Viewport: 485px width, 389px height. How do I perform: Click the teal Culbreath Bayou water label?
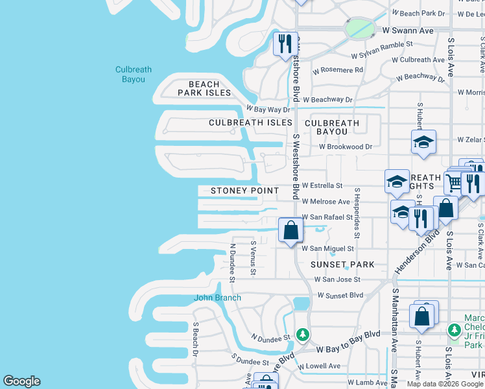click(130, 75)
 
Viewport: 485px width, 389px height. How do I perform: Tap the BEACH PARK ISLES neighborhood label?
click(204, 88)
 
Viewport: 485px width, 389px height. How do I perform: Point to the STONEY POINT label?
click(244, 191)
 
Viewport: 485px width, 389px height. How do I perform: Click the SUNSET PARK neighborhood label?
click(342, 265)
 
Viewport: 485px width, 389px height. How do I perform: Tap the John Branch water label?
click(218, 298)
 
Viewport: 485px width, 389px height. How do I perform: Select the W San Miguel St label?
click(327, 248)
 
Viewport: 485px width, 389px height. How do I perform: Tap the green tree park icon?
click(302, 334)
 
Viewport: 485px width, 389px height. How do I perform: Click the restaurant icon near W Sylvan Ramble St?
click(285, 43)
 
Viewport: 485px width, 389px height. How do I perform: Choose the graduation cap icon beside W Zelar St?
click(423, 141)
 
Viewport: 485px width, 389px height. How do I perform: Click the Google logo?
click(22, 381)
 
